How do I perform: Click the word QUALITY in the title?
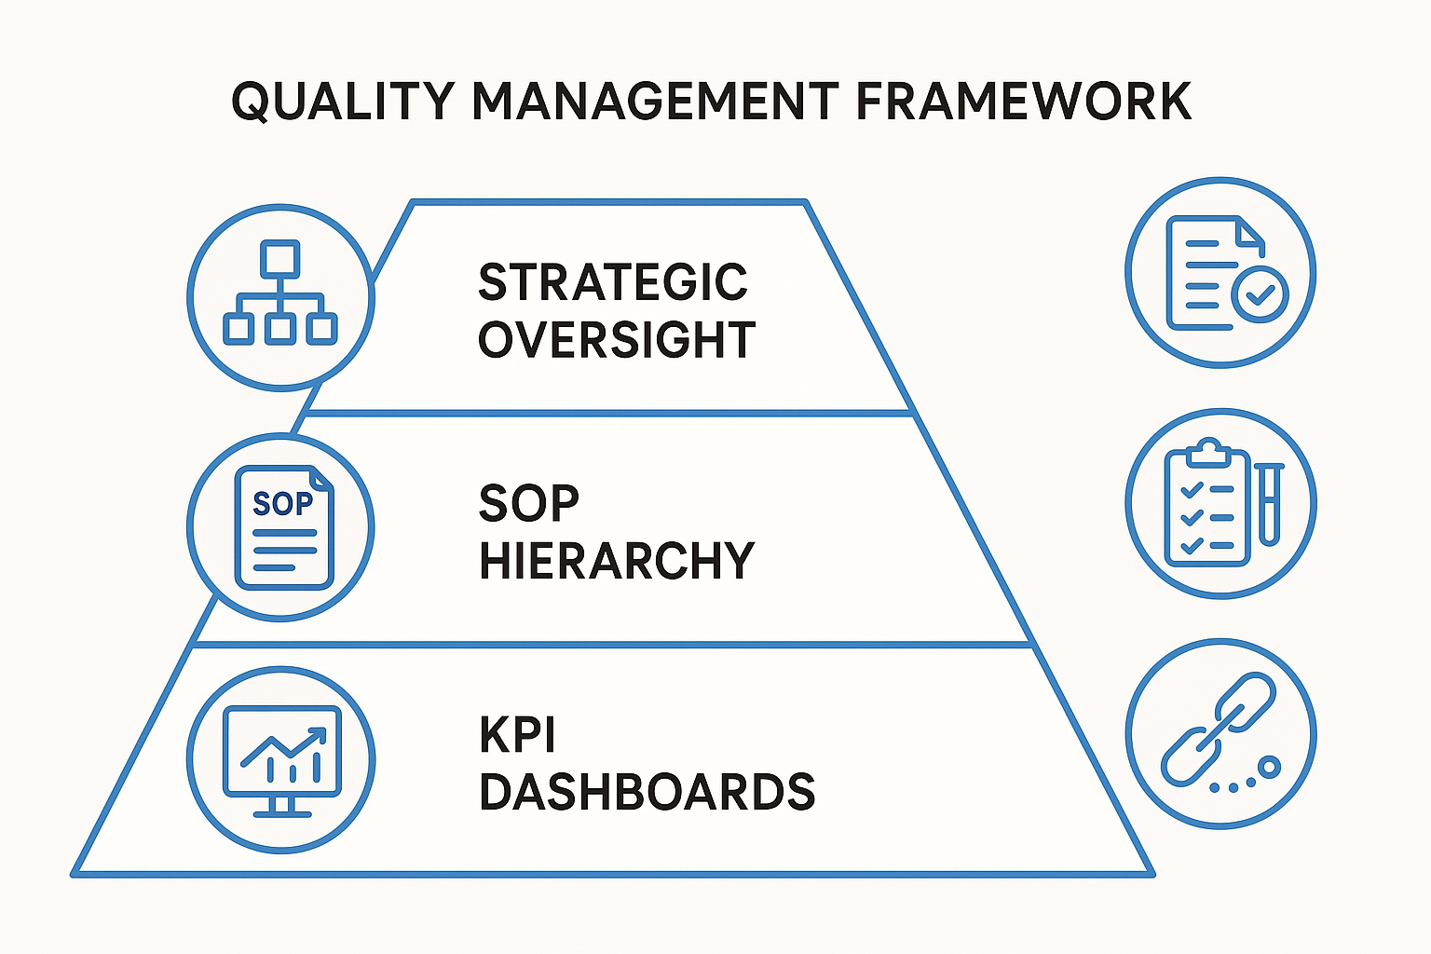(342, 102)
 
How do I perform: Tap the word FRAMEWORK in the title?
(1023, 102)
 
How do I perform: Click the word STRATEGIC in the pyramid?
(613, 282)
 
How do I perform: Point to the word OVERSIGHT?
(616, 340)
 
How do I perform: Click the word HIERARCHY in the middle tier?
(616, 561)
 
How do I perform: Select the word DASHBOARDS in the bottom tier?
(647, 792)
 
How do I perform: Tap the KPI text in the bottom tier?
(517, 735)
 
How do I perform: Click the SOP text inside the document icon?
(282, 504)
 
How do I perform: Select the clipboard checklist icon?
(1207, 503)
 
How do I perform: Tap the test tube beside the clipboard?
(1269, 503)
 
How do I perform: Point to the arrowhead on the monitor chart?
(320, 733)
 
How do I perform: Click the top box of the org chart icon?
(280, 259)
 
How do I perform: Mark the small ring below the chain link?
(1269, 768)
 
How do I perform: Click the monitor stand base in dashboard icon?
(281, 812)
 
